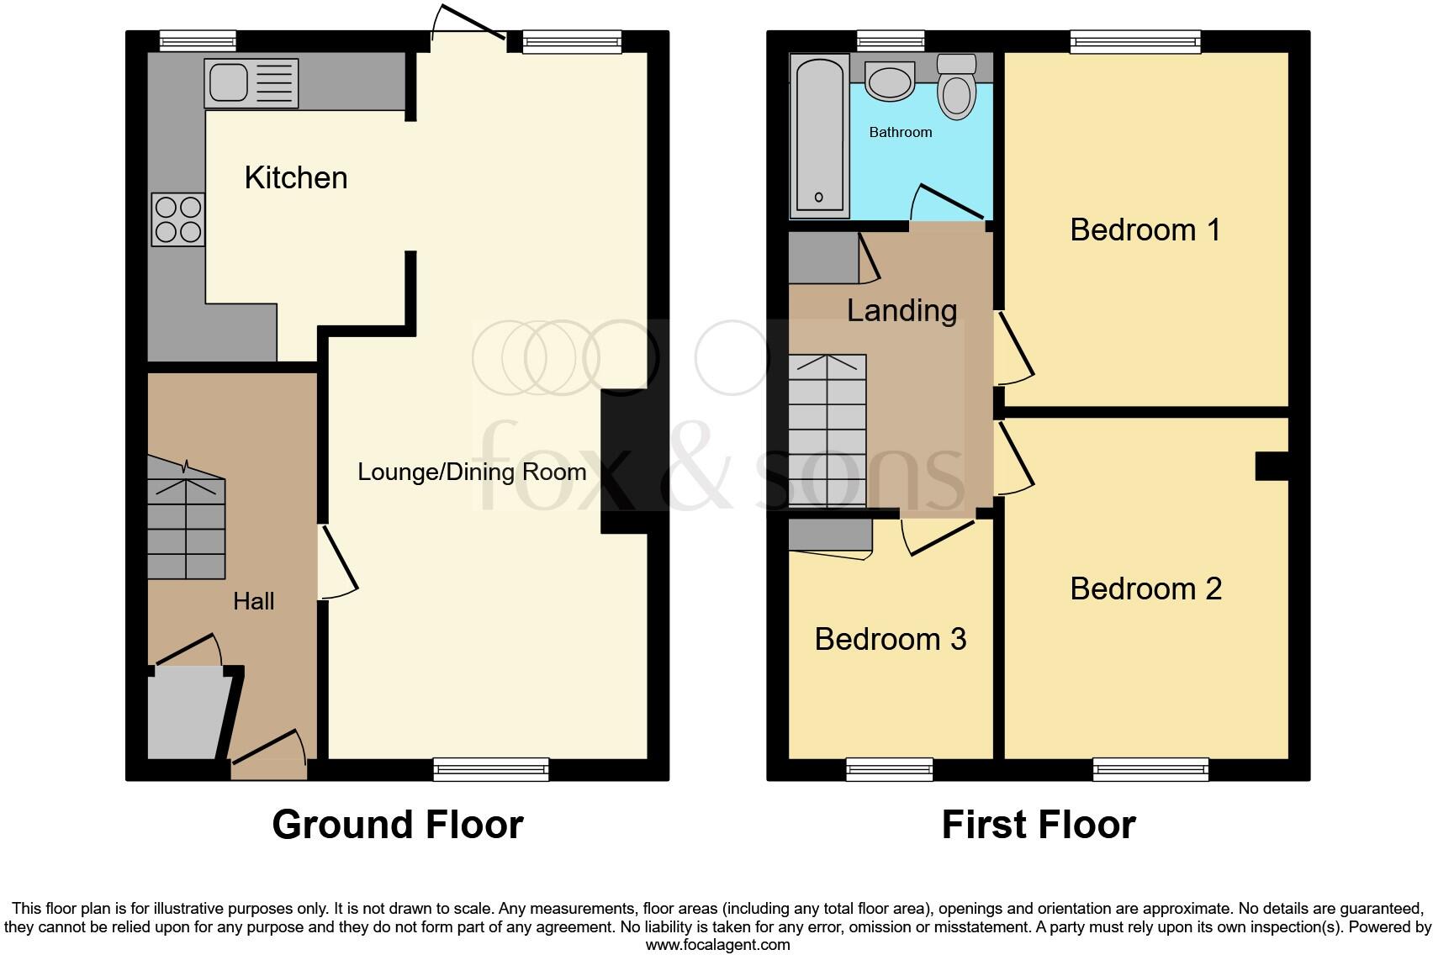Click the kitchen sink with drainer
251,82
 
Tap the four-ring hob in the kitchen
177,219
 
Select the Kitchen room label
295,178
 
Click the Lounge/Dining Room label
472,472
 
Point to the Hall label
253,601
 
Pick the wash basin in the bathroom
890,82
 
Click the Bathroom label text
900,132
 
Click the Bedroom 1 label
1145,230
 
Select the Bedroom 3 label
890,639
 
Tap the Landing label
901,311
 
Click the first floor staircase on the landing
827,431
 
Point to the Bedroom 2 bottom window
1150,768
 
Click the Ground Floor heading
397,825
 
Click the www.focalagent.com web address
717,945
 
